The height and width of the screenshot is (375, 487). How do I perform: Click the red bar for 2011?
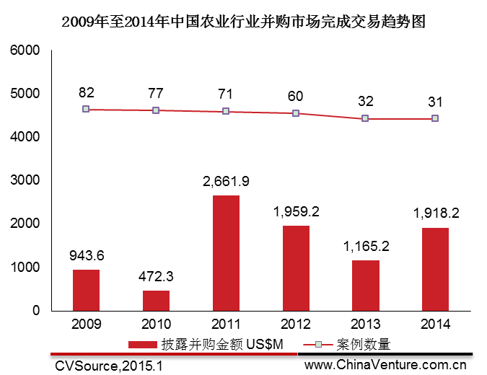point(227,252)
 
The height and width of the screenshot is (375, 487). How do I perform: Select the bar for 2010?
point(156,300)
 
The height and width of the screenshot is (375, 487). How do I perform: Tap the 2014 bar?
point(436,269)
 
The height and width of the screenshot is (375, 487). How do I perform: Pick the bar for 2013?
point(366,285)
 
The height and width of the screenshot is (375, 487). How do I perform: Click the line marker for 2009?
point(86,109)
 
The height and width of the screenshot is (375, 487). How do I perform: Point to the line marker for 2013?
point(366,118)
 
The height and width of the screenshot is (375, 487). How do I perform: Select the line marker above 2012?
point(296,113)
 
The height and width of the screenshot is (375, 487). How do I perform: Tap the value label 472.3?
point(156,277)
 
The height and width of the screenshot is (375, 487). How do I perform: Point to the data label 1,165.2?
point(366,247)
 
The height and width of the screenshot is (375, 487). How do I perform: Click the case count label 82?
point(86,92)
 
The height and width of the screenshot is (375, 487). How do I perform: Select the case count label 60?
point(296,96)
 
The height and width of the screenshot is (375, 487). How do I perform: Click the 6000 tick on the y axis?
point(24,51)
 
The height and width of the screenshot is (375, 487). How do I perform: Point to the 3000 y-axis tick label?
point(24,181)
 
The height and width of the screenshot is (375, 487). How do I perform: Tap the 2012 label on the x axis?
point(296,325)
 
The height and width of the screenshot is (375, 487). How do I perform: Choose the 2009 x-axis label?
point(86,325)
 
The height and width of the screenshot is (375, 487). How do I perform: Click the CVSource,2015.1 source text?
point(109,366)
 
